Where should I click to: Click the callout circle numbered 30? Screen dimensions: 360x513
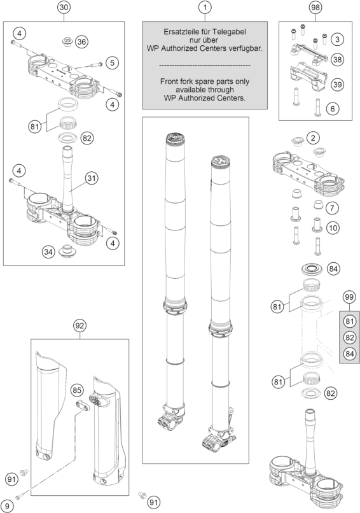[64, 8]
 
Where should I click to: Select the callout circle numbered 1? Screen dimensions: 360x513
[205, 8]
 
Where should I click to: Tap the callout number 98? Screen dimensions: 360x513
[315, 8]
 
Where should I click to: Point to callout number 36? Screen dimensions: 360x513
[82, 41]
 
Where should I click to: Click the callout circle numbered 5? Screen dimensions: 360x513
[112, 62]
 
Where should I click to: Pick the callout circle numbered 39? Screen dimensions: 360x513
[338, 85]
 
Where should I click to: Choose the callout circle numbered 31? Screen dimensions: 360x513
[92, 178]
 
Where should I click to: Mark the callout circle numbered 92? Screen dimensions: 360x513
[80, 325]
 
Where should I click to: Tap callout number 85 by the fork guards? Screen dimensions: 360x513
[77, 390]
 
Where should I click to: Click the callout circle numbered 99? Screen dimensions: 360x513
[350, 297]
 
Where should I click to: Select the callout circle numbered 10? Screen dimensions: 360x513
[333, 227]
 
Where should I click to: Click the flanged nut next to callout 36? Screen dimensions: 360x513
[67, 42]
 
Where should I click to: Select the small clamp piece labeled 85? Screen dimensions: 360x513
[83, 404]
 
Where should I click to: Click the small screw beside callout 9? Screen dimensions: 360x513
[20, 496]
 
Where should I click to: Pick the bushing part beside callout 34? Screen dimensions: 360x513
[67, 251]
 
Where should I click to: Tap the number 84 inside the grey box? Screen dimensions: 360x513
[350, 354]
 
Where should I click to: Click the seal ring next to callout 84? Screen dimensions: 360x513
[310, 269]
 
